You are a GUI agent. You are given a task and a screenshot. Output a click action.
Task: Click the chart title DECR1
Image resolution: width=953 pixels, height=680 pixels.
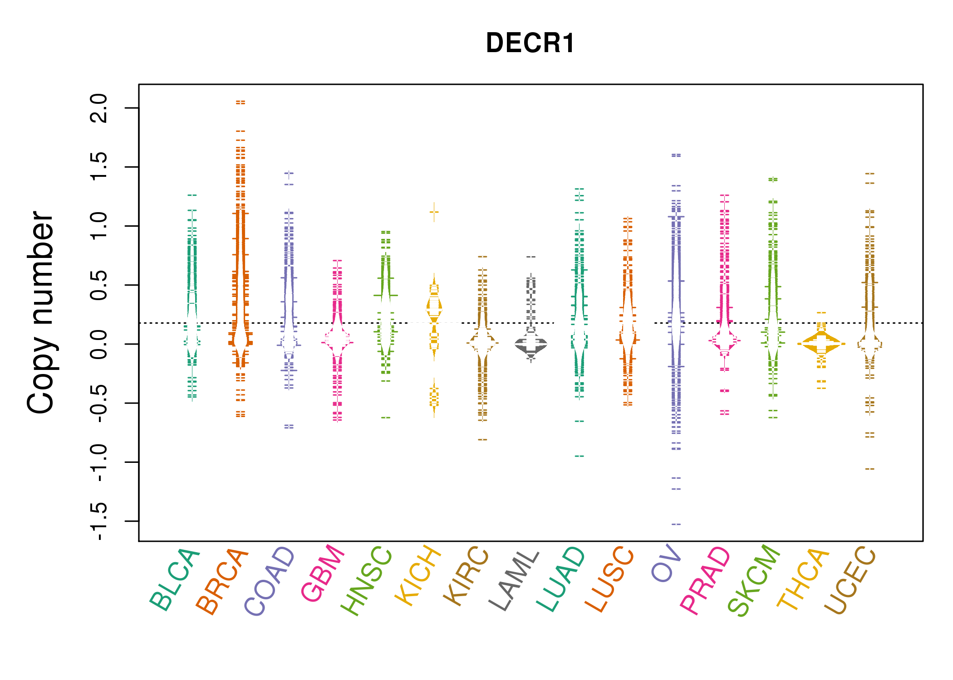[530, 44]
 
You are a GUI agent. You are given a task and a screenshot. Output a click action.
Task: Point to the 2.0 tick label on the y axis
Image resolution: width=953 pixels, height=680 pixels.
[99, 108]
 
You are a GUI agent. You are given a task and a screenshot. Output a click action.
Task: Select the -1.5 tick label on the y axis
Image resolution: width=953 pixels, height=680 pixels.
[99, 521]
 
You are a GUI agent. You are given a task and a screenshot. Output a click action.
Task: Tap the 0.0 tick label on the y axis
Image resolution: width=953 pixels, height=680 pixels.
[99, 344]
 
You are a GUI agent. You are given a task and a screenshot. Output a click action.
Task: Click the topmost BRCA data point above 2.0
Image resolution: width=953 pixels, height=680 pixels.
[241, 102]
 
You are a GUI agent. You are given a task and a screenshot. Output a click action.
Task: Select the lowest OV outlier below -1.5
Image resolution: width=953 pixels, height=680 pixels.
[676, 524]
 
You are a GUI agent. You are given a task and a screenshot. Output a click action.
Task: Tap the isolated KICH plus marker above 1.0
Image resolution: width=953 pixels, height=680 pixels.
[434, 212]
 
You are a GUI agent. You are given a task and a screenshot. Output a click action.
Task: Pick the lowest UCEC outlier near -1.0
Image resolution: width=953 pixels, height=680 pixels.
[869, 469]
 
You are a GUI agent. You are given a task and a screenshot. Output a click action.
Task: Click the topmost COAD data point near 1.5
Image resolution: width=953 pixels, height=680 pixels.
[289, 173]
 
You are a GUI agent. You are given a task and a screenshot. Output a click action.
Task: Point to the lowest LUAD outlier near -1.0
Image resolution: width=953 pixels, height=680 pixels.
[580, 456]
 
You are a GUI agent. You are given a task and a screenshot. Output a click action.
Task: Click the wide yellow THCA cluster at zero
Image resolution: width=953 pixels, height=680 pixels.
[821, 344]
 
